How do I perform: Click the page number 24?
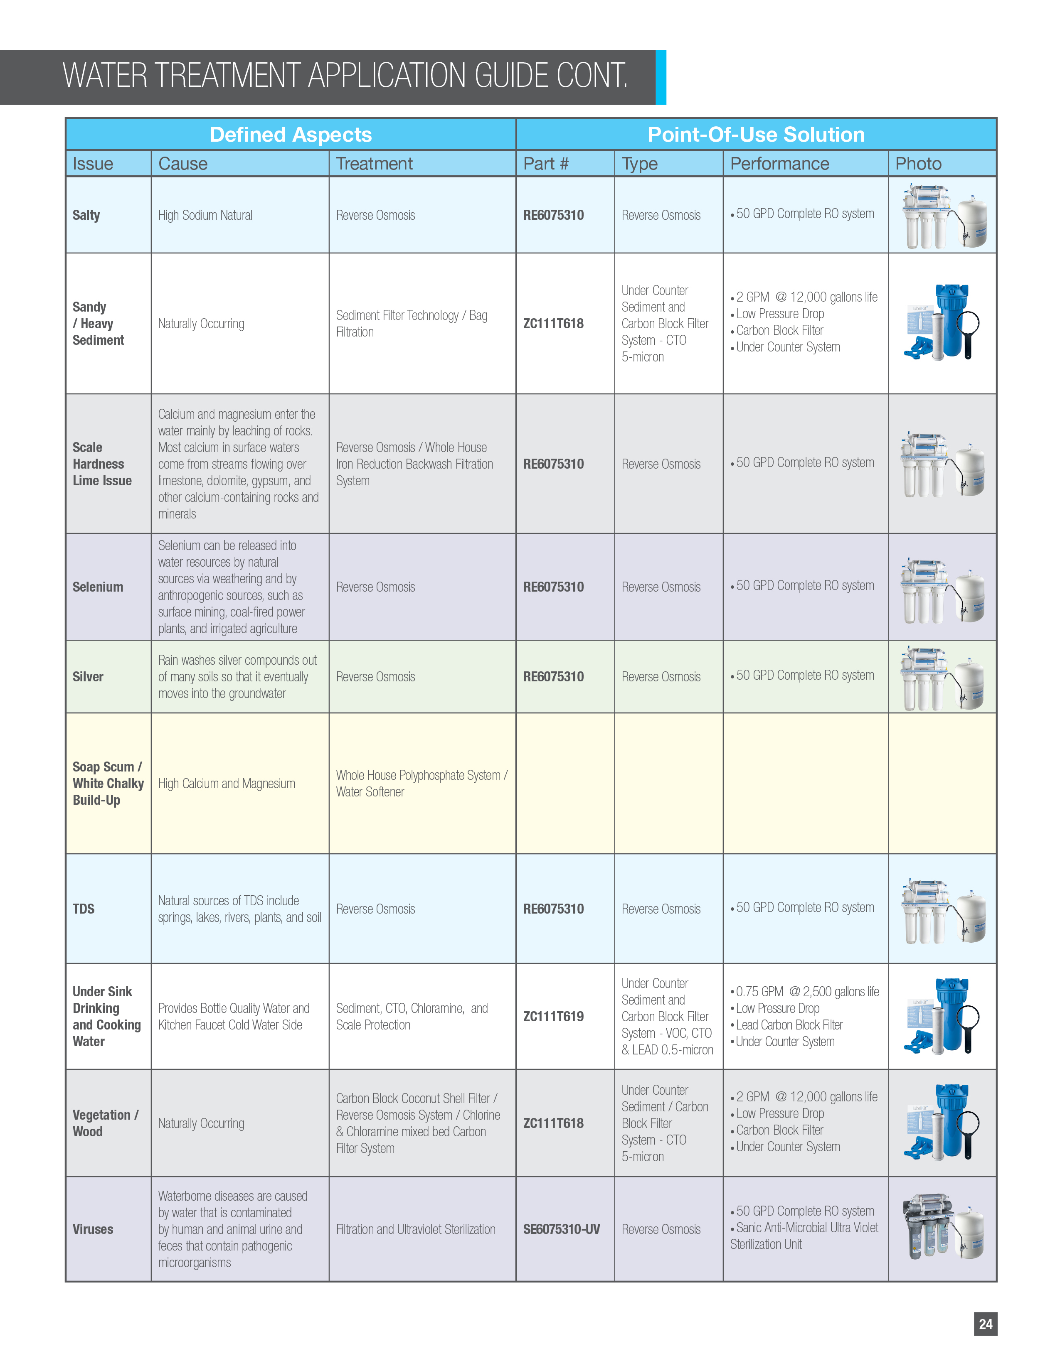985,1324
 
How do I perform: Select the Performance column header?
779,164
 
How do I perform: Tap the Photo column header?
918,164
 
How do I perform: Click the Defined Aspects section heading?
291,134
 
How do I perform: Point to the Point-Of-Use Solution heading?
756,134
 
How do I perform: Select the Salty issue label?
86,215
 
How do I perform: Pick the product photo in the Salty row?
943,215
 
